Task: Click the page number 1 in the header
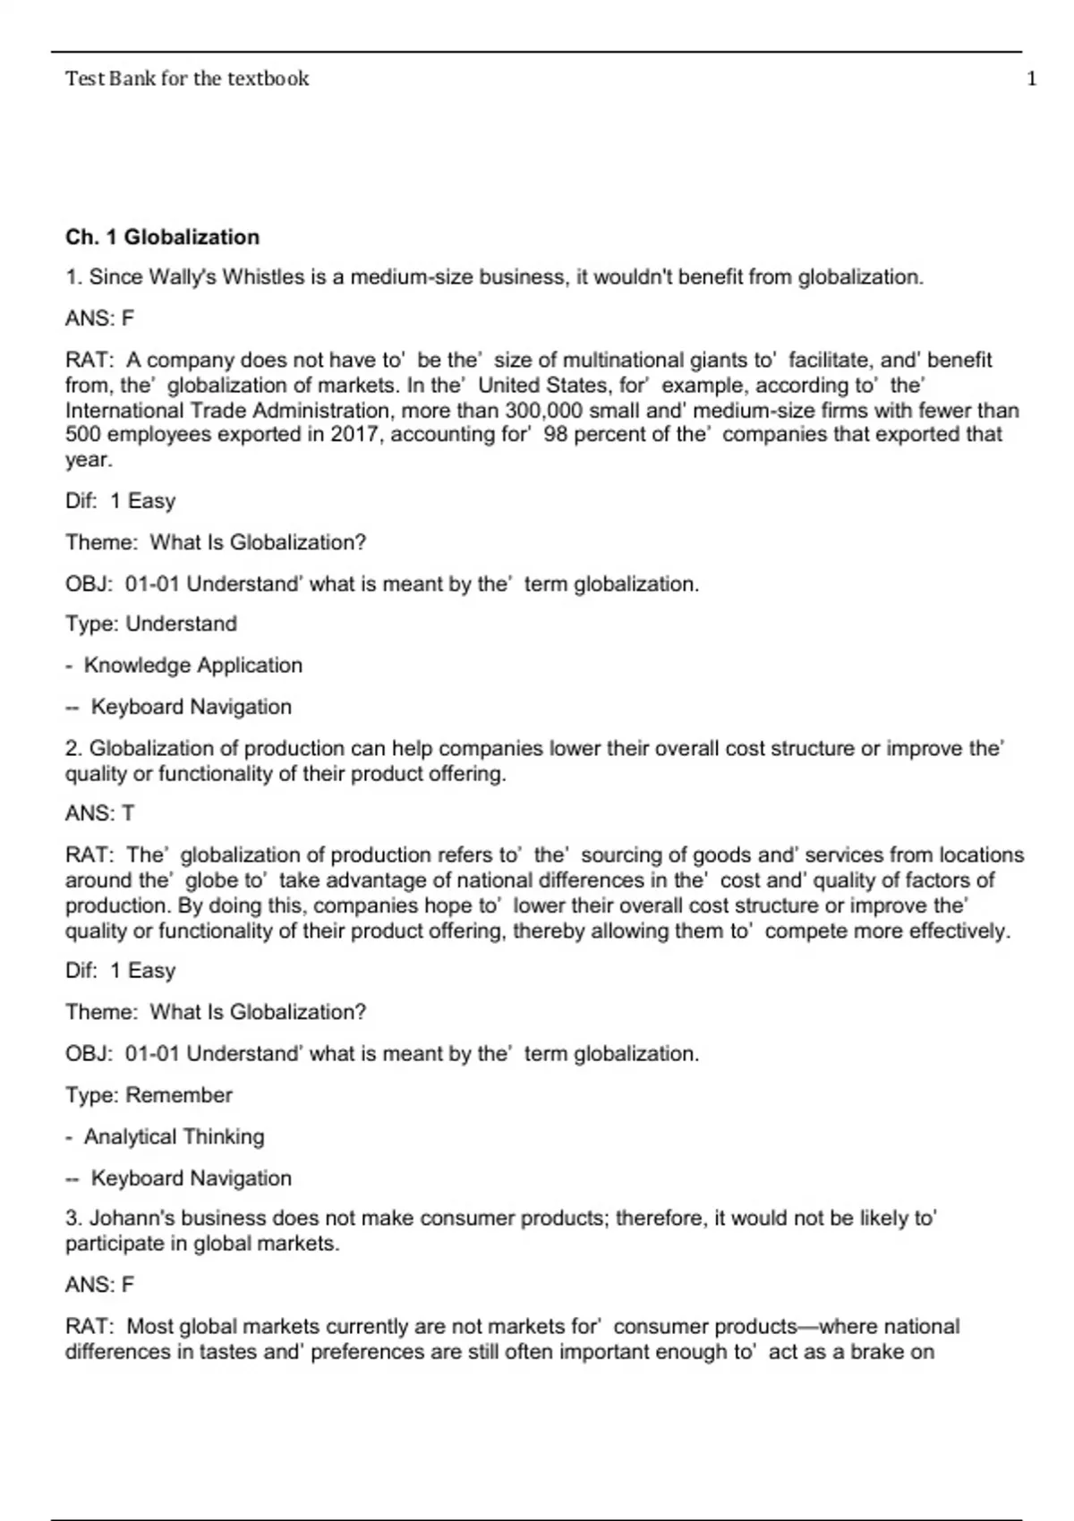[x=1031, y=79]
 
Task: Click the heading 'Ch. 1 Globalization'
[x=162, y=237]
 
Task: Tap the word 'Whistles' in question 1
[x=263, y=277]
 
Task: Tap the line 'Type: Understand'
[x=150, y=624]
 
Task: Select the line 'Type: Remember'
[x=149, y=1095]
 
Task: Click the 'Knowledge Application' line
[x=192, y=666]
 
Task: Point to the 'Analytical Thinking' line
[x=174, y=1137]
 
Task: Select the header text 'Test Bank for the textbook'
[x=186, y=79]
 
